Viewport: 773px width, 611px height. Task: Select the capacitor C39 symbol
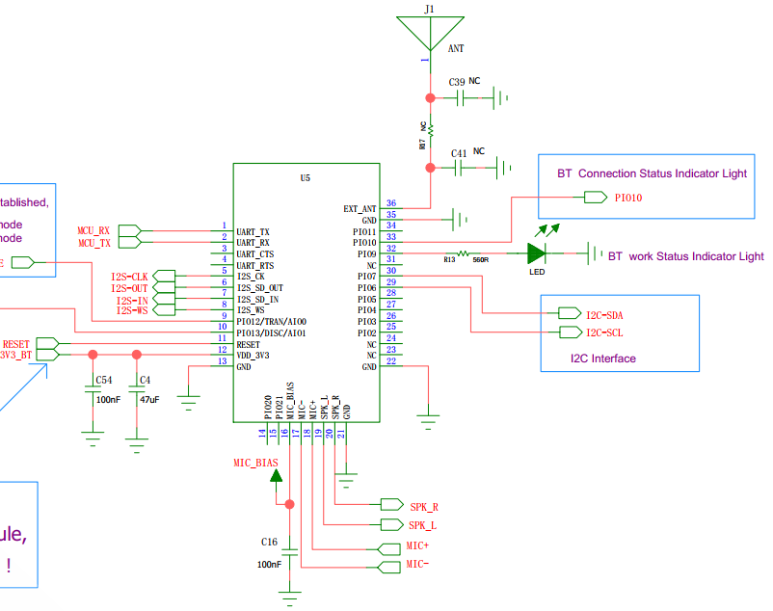point(461,97)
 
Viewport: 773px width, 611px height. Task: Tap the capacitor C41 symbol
point(461,168)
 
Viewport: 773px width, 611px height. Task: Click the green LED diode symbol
point(537,253)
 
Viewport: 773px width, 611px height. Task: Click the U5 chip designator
point(306,178)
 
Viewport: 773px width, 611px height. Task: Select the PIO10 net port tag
point(595,198)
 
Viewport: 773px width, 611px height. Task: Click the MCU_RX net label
point(94,230)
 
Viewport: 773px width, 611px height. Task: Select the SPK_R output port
point(392,505)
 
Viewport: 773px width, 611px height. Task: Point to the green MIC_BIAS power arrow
point(277,474)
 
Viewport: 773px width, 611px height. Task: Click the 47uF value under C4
point(149,398)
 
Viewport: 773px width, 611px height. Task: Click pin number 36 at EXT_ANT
point(390,203)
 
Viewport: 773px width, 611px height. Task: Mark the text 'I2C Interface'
point(601,359)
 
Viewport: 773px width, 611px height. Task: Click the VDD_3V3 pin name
point(253,356)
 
